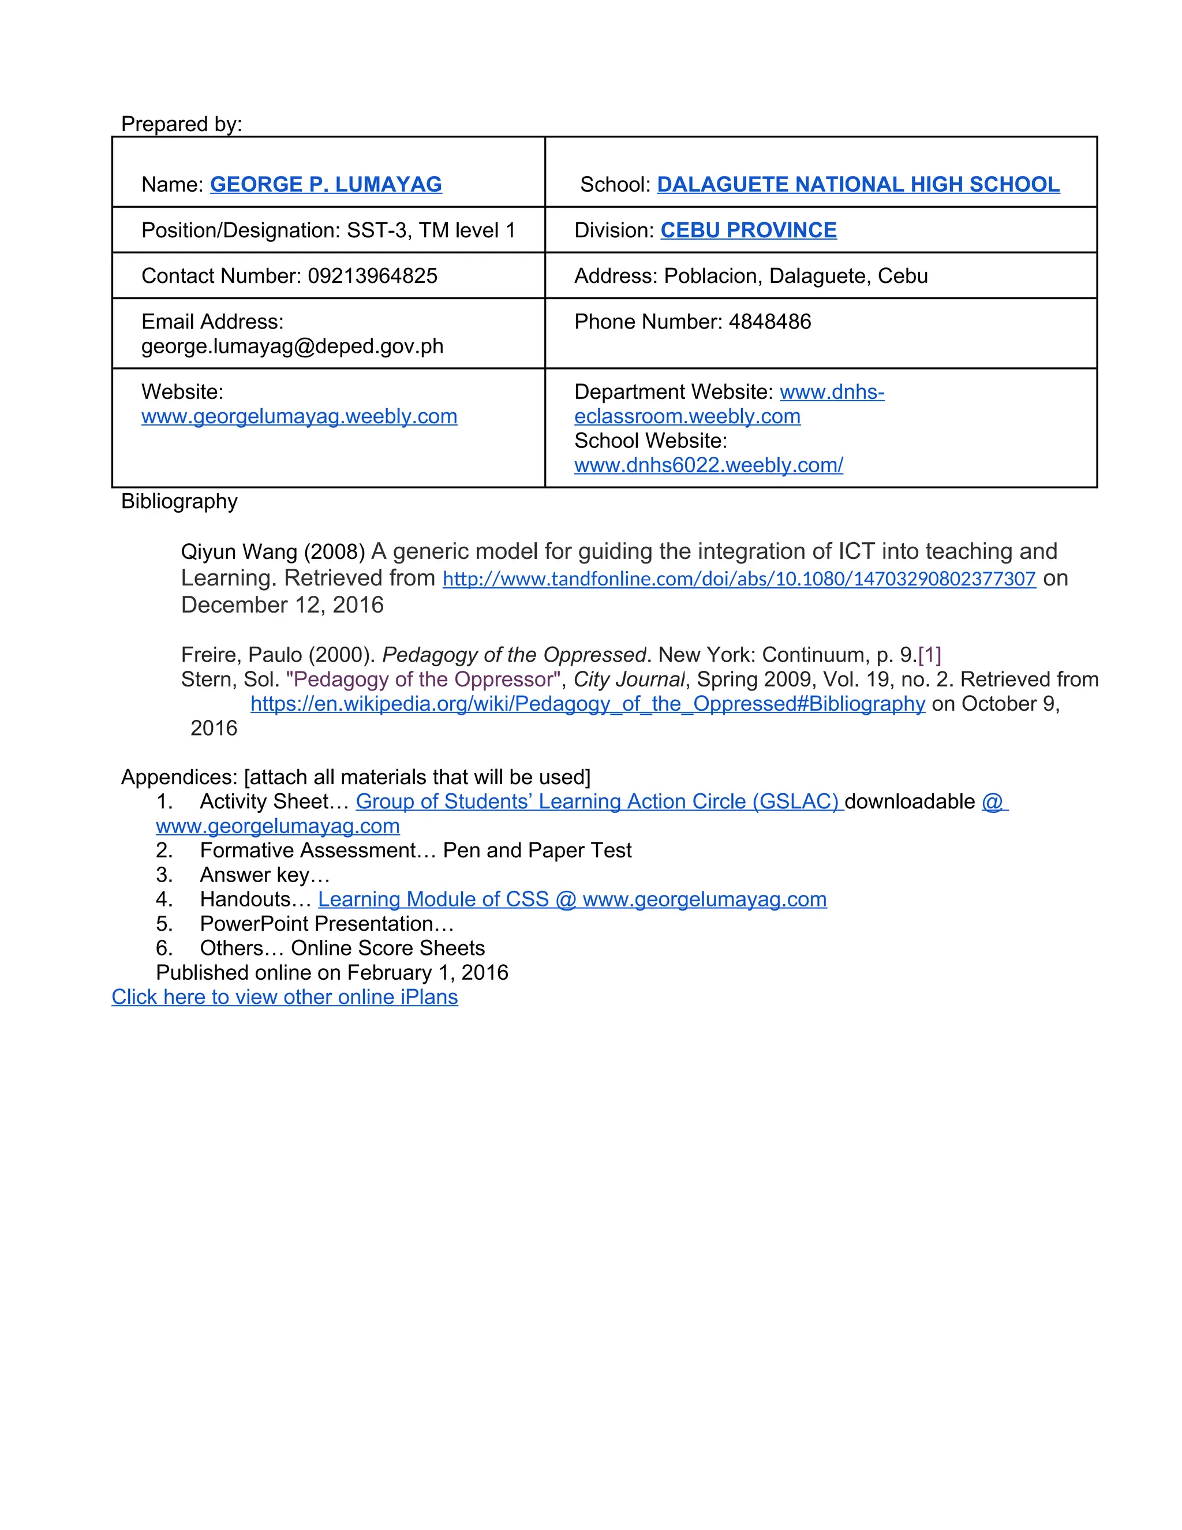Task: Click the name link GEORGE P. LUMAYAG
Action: (x=326, y=184)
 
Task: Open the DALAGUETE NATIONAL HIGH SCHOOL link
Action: (x=858, y=184)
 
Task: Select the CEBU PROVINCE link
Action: (x=748, y=230)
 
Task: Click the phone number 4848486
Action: (x=769, y=322)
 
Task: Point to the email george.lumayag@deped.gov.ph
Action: (x=292, y=346)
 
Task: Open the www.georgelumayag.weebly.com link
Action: (x=299, y=416)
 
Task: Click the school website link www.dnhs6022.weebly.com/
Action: (x=708, y=465)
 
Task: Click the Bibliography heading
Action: (x=179, y=502)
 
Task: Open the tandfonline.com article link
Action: (x=739, y=579)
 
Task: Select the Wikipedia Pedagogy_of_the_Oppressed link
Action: (x=588, y=703)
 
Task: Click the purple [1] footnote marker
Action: (x=929, y=655)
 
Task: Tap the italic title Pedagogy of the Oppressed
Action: (x=513, y=655)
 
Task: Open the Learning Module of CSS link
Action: (x=572, y=899)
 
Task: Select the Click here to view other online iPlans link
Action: (x=285, y=997)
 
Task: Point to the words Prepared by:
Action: (x=181, y=124)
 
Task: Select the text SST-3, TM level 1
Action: (x=431, y=230)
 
